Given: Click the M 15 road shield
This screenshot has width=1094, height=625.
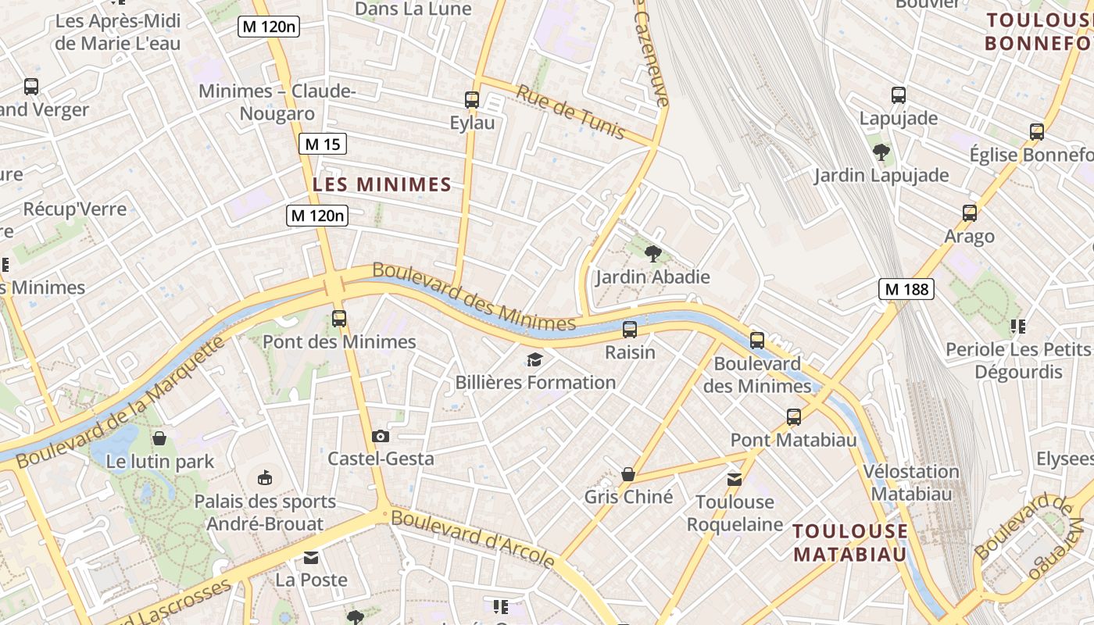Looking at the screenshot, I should tap(322, 144).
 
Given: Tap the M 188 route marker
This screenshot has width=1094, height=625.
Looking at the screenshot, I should tap(906, 289).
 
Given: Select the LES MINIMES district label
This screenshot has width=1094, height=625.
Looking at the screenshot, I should tap(382, 184).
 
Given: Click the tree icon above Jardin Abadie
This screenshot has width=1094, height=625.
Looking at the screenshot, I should tap(652, 253).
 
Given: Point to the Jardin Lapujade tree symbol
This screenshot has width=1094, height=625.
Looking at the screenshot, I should tap(881, 152).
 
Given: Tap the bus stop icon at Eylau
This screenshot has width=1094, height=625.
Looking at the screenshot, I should tap(472, 100).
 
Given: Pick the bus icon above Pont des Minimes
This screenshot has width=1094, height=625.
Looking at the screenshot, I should tap(338, 318).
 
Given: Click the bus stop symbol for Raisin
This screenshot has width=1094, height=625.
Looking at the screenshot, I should tap(630, 330).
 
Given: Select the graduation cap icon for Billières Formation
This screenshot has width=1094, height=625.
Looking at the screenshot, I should tap(535, 359).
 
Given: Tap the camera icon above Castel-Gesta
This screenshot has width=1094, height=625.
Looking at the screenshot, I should tap(381, 436).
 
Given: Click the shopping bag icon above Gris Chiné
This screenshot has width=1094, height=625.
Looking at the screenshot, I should tap(627, 473).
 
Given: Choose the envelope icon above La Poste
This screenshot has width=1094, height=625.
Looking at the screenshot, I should tap(311, 558).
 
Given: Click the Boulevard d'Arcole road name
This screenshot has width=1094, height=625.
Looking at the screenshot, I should tap(473, 538).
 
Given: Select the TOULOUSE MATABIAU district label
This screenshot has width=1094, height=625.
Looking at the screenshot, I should tap(850, 542).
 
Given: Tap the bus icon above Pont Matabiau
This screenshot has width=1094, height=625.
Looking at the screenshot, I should tap(794, 416).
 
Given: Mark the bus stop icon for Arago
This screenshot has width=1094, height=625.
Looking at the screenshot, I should tap(970, 212).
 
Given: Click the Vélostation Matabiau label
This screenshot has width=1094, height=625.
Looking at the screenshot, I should tap(911, 482).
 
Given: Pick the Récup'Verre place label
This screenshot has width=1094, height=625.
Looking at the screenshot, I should tap(75, 209).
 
